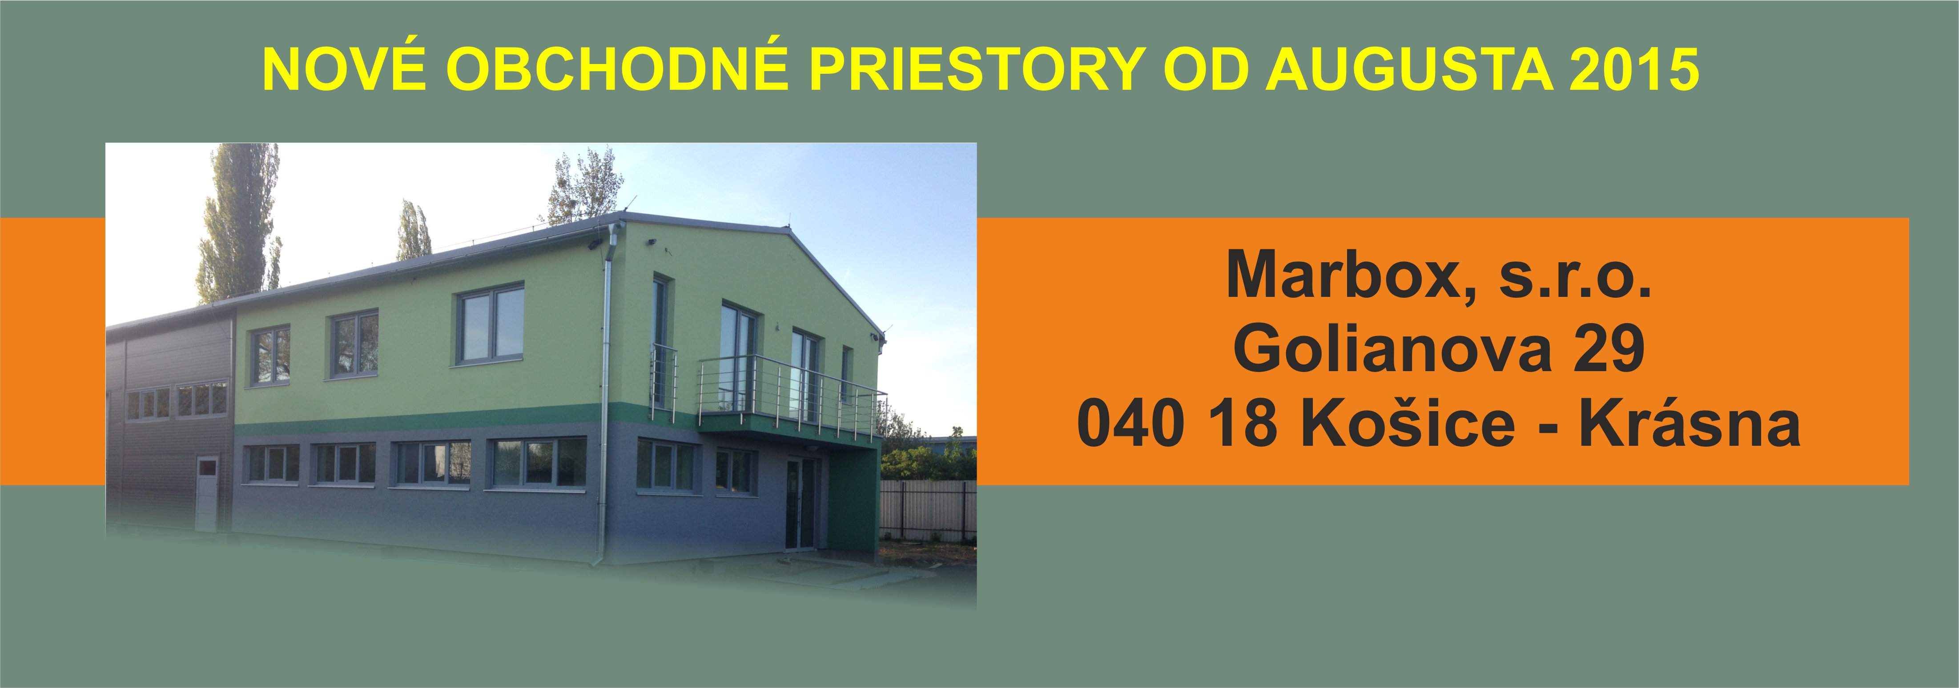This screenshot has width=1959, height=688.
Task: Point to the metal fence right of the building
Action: [x=927, y=510]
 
